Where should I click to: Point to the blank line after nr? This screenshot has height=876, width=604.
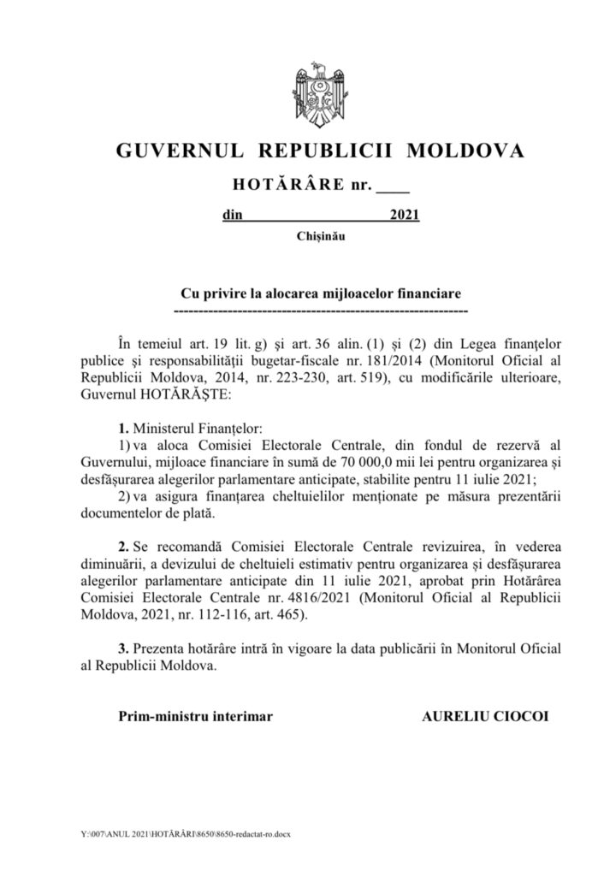point(394,186)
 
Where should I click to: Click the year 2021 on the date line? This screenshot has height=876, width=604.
point(404,216)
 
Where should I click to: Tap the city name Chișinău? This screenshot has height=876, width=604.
point(320,235)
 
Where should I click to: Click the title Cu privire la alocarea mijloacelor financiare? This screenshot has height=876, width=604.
point(320,292)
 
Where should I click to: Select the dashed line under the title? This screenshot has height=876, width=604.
point(320,306)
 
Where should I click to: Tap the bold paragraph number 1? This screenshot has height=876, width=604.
point(123,425)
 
